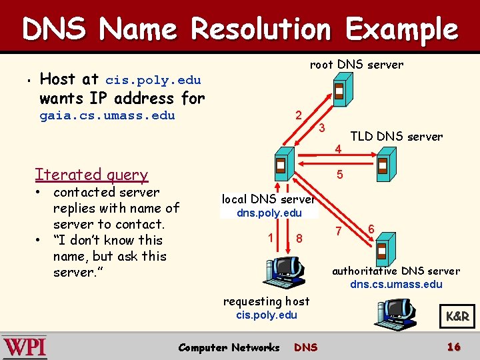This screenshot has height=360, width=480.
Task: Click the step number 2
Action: point(299,115)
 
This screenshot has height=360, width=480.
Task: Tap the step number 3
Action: point(321,127)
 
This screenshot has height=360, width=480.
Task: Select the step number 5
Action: point(339,175)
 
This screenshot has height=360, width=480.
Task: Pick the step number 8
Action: point(299,238)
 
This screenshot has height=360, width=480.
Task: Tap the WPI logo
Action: point(25,347)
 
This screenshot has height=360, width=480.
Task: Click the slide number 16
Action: point(454,347)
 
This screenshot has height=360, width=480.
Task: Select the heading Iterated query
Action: point(91,175)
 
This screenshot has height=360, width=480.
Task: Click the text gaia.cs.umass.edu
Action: point(107,115)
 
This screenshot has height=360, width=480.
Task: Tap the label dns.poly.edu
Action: point(269,213)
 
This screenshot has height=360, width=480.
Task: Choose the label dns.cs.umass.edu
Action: point(396,284)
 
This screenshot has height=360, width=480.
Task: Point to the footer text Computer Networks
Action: point(229,347)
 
